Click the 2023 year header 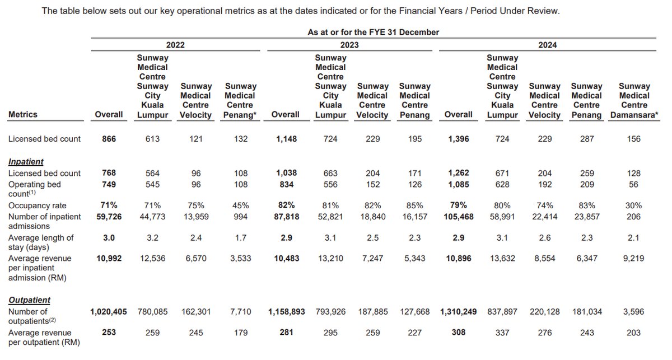[x=349, y=45]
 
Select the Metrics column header [x=23, y=114]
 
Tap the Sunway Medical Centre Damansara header [x=634, y=100]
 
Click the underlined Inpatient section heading [x=26, y=161]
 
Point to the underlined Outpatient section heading [x=29, y=300]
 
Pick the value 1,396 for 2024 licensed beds [x=458, y=138]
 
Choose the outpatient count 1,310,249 [x=458, y=311]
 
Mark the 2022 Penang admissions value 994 [x=241, y=217]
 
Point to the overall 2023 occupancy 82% [x=285, y=205]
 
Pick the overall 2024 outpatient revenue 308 [x=458, y=333]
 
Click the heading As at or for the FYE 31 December [x=373, y=32]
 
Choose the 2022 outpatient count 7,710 [x=241, y=311]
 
